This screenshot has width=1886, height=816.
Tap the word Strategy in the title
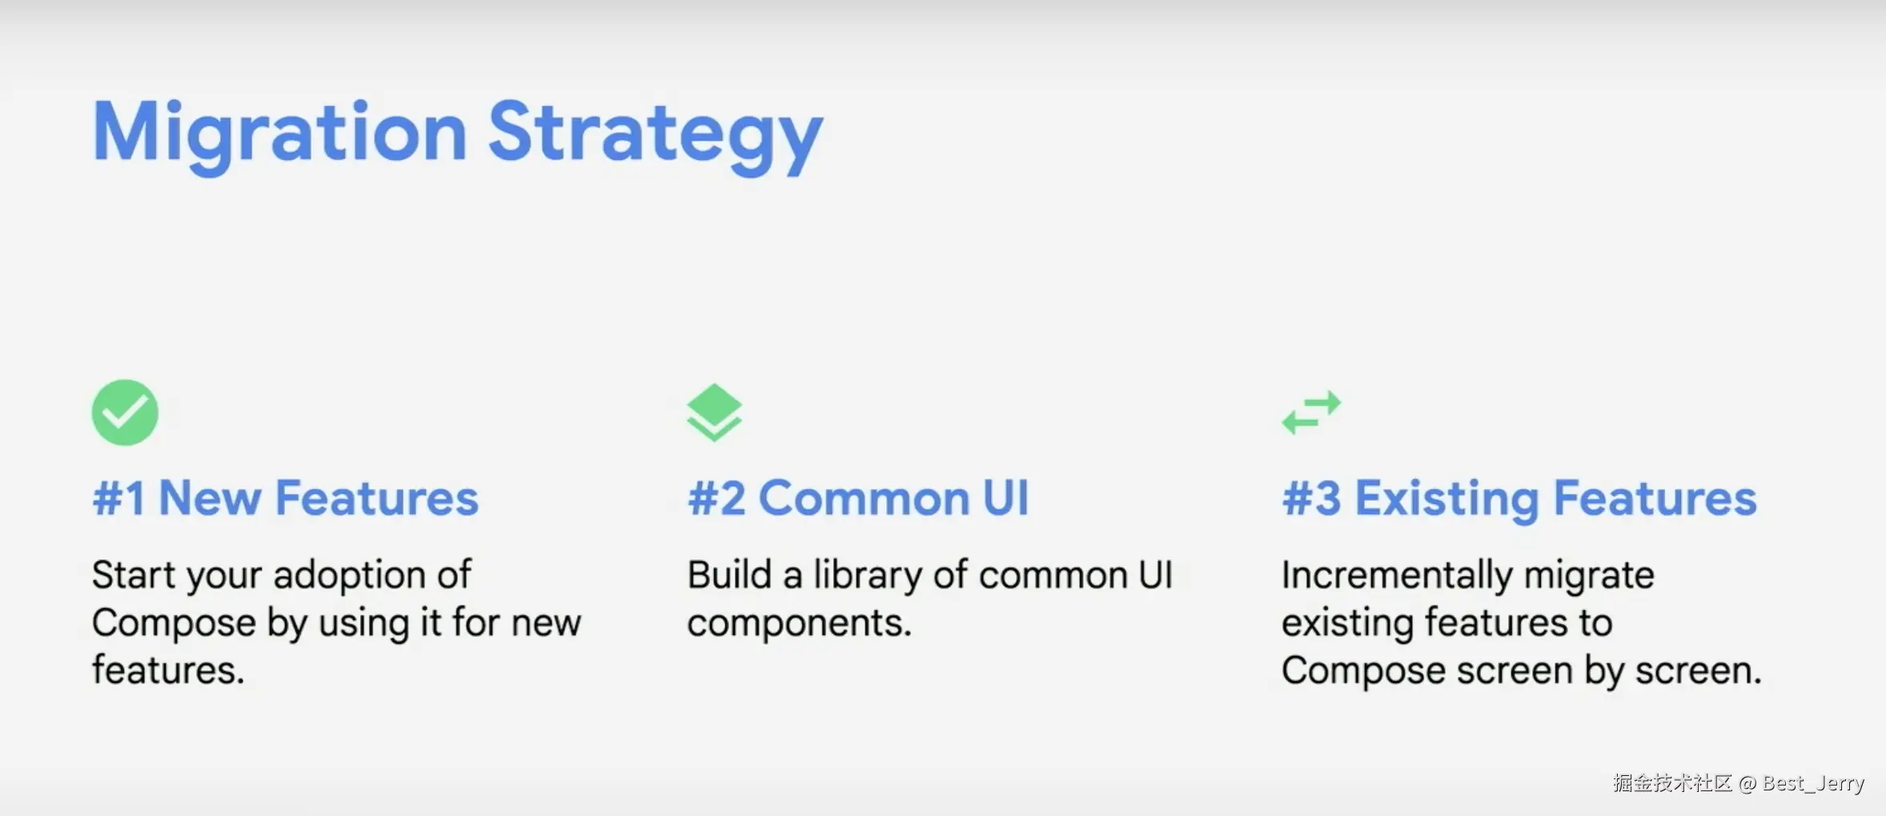(x=656, y=134)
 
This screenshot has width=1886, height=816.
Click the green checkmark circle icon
(x=125, y=412)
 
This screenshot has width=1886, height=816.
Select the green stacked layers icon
(x=714, y=412)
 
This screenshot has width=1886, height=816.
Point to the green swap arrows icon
(x=1311, y=412)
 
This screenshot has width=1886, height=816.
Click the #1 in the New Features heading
(x=118, y=498)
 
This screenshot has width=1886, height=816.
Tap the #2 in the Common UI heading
(x=716, y=498)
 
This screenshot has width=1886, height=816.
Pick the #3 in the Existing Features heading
(x=1311, y=498)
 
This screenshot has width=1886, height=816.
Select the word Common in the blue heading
(x=864, y=498)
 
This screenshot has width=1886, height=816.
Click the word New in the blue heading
(x=210, y=498)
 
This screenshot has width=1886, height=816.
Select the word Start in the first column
(x=131, y=575)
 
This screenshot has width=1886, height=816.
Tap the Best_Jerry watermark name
(x=1813, y=783)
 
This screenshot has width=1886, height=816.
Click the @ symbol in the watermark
(x=1748, y=783)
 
